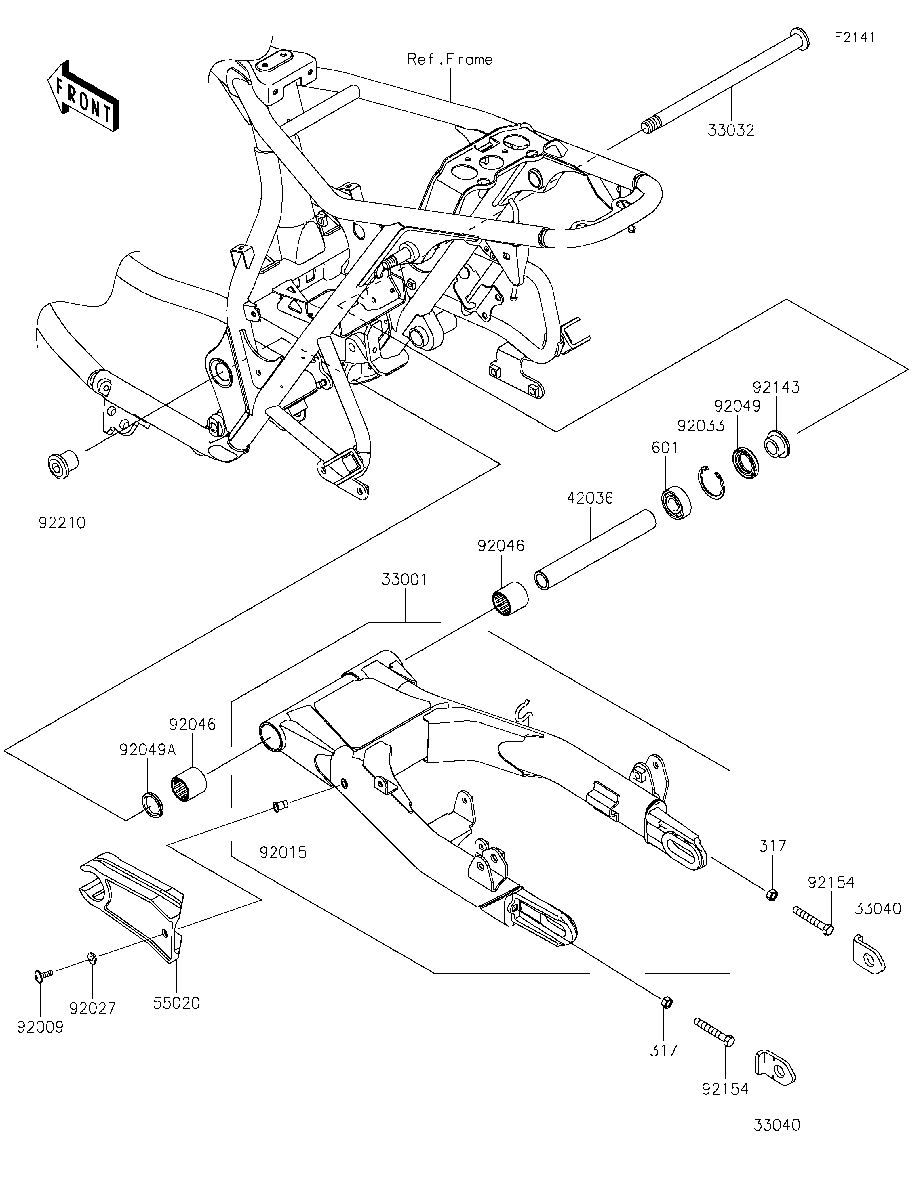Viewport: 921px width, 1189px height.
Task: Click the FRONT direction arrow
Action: [83, 95]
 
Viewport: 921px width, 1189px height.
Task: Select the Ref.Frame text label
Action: [450, 59]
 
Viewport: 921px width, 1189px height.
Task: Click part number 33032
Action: [731, 131]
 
